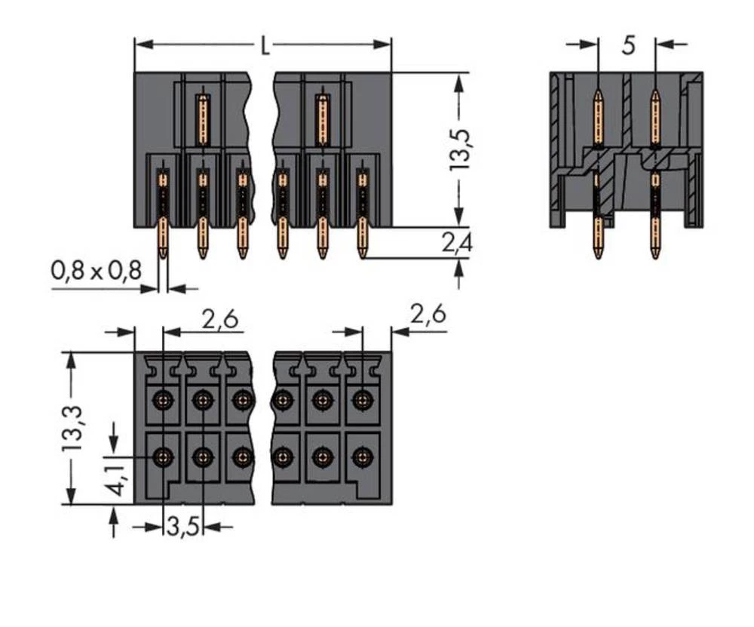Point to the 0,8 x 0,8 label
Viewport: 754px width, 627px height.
[96, 270]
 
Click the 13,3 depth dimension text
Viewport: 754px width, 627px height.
[72, 428]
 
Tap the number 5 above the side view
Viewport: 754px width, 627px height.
[628, 46]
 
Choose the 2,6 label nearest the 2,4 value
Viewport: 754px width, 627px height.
[427, 315]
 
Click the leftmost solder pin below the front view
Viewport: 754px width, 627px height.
[163, 240]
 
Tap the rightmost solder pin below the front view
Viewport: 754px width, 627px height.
[363, 240]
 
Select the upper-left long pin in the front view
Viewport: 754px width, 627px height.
[202, 119]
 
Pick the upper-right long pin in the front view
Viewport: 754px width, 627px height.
[322, 119]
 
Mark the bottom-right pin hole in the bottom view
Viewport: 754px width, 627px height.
[363, 456]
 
